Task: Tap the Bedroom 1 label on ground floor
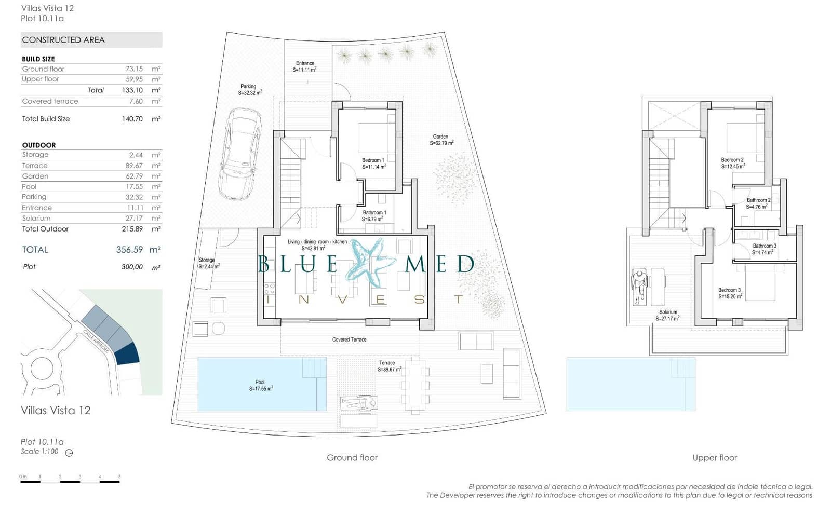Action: pyautogui.click(x=373, y=164)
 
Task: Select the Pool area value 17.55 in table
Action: pyautogui.click(x=134, y=186)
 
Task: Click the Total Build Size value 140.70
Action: pyautogui.click(x=132, y=119)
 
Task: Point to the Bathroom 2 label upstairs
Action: pyautogui.click(x=758, y=203)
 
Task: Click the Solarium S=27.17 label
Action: pyautogui.click(x=668, y=315)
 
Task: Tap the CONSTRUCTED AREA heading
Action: pyautogui.click(x=63, y=40)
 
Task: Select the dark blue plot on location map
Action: pyautogui.click(x=127, y=354)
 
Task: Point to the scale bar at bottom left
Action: pyautogui.click(x=70, y=481)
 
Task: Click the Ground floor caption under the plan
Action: pyautogui.click(x=352, y=457)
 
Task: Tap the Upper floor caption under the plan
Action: pyautogui.click(x=714, y=457)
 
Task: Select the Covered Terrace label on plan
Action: pyautogui.click(x=349, y=339)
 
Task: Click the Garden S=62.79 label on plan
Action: pyautogui.click(x=441, y=140)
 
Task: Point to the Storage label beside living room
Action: pyautogui.click(x=208, y=263)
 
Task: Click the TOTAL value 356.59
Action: pyautogui.click(x=129, y=250)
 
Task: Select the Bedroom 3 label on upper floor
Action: pyautogui.click(x=730, y=293)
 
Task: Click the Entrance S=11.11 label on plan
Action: pyautogui.click(x=305, y=66)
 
